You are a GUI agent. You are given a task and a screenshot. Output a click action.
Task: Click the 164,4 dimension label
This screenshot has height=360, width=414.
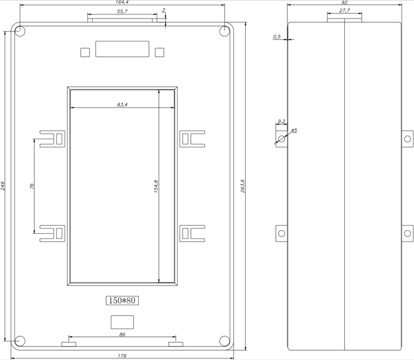point(122,3)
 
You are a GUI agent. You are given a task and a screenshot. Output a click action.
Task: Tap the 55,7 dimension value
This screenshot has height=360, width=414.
point(122,11)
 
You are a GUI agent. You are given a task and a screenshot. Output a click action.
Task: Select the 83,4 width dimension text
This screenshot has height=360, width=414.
point(122,105)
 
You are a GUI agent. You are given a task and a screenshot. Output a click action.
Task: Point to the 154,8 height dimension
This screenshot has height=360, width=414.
point(156,186)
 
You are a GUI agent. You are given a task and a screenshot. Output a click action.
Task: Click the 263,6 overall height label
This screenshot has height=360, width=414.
point(243,186)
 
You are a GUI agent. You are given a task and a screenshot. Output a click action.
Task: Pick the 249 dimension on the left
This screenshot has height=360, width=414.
point(3,186)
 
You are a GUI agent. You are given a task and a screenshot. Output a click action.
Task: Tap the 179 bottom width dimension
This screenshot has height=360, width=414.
point(122,356)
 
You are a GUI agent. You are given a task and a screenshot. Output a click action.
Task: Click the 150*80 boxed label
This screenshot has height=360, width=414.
point(122,301)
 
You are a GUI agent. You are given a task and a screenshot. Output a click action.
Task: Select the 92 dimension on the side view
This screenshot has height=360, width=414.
point(344,3)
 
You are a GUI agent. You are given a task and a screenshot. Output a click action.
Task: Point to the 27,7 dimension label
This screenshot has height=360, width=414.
point(345,10)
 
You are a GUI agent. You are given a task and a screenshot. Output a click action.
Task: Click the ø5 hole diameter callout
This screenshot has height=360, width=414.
point(294,130)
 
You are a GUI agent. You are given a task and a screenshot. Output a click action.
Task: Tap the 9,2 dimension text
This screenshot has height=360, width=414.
point(282,122)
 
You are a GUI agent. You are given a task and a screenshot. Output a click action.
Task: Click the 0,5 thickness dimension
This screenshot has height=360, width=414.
point(277,37)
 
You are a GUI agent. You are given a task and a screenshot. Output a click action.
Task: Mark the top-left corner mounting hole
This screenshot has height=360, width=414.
point(20,31)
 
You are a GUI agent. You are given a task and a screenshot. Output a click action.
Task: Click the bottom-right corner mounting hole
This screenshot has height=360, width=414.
point(225,341)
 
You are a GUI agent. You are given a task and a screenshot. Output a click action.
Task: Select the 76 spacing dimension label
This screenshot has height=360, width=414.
point(32,186)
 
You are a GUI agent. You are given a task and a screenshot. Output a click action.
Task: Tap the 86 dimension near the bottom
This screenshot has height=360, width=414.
point(122,335)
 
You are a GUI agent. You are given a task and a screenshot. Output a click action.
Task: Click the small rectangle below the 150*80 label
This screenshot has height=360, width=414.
point(122,322)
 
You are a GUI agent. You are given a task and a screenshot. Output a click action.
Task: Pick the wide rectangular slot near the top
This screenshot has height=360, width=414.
point(122,49)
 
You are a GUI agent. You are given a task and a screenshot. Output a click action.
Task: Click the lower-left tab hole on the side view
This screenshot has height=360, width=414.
point(282,233)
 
